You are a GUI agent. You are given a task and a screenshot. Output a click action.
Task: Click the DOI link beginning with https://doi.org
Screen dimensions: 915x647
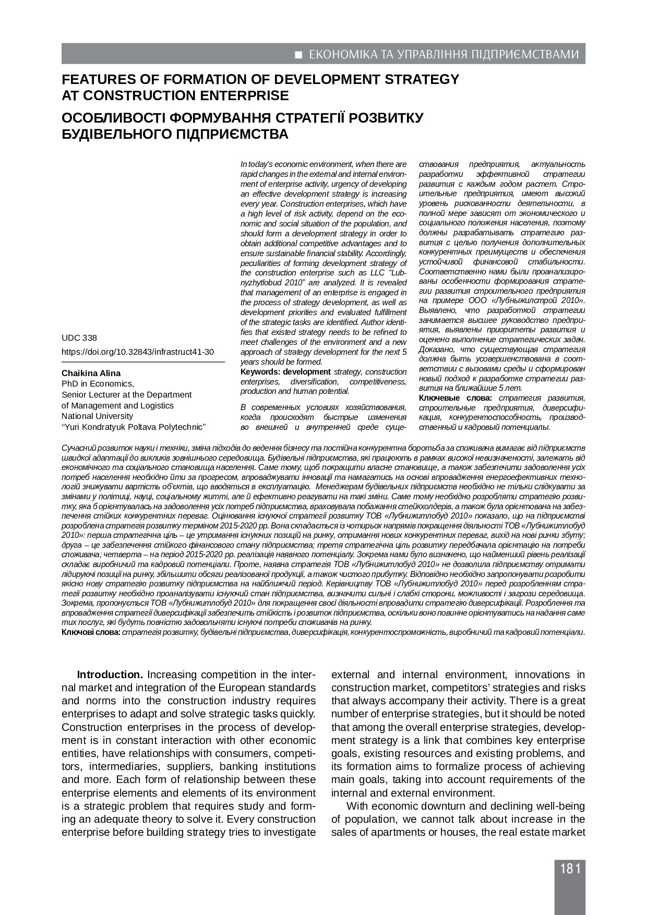[x=138, y=352]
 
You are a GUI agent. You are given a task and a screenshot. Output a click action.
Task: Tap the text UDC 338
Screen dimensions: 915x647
[x=79, y=338]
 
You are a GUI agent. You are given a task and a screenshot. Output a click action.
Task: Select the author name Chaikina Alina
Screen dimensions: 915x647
[x=91, y=373]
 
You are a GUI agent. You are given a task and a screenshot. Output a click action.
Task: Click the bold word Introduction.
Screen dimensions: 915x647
[x=110, y=675]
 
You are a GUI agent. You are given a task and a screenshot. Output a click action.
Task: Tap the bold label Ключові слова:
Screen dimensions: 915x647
[x=91, y=632]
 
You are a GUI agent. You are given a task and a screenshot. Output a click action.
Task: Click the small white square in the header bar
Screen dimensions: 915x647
[x=299, y=55]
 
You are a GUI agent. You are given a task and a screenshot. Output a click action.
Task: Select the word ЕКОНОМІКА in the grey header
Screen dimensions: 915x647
[x=340, y=55]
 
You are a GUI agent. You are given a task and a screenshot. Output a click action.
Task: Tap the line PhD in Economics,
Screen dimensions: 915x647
[x=98, y=384]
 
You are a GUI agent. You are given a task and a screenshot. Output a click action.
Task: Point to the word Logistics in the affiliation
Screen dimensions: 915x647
[x=156, y=405]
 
